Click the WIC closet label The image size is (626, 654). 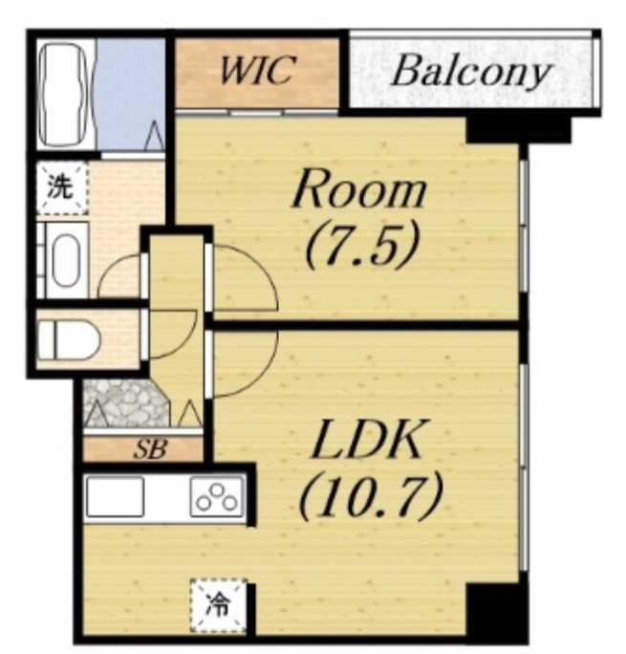point(257,71)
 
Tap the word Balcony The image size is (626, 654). point(470,74)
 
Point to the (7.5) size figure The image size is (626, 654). point(361,250)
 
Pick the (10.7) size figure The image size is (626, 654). point(370,499)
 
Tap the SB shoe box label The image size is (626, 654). point(150,450)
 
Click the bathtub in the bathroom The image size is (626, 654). point(64,96)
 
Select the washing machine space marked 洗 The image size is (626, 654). point(62,188)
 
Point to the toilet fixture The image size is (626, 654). point(69,339)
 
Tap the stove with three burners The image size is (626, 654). point(217,497)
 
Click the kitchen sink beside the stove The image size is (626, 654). point(115,497)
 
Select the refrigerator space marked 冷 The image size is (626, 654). point(219,605)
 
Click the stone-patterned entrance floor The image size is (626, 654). point(126,403)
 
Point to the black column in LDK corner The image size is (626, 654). point(495,611)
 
